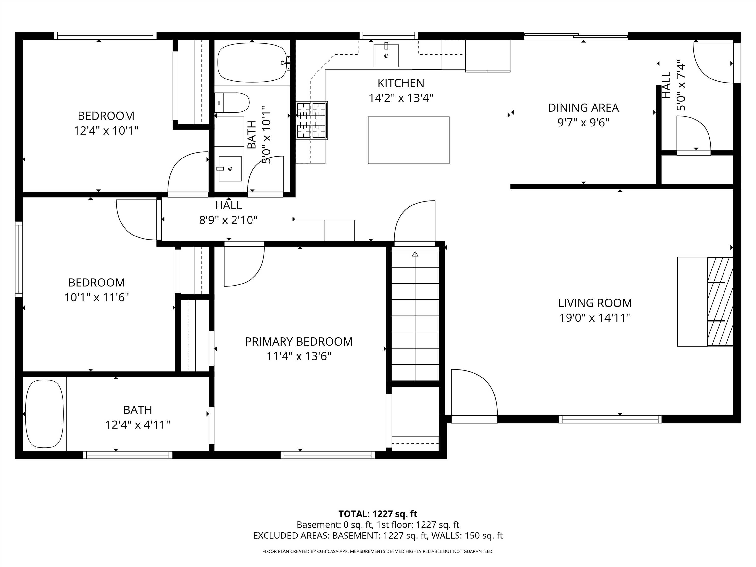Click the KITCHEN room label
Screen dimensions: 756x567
pos(401,83)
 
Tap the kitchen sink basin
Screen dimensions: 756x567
pos(386,55)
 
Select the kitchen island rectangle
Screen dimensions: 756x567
pos(409,140)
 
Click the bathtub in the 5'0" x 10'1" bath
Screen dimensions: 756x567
pos(252,63)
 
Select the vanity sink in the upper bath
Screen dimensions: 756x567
pos(230,169)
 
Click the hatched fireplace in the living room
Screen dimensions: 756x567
pos(720,301)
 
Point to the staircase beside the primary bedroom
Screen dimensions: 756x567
pos(415,316)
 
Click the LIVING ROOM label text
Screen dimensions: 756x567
pos(595,303)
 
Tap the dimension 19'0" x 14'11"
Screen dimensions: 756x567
pos(595,318)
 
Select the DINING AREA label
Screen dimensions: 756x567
pos(583,108)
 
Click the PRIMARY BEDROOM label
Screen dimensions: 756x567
pos(299,341)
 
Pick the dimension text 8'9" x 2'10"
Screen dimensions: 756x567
pos(228,220)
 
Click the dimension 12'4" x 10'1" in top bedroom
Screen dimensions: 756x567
pos(106,131)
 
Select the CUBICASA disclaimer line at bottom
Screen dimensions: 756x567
pos(378,551)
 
